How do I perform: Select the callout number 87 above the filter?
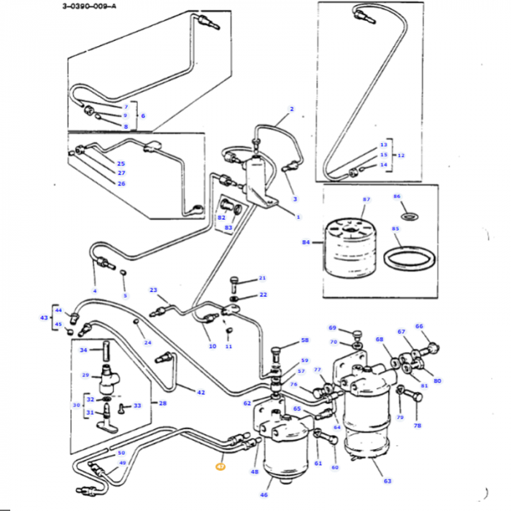pyautogui.click(x=366, y=199)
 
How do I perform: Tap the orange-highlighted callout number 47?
pyautogui.click(x=220, y=465)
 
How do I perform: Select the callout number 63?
pyautogui.click(x=387, y=481)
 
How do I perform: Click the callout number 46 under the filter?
pyautogui.click(x=264, y=495)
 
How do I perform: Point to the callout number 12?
pyautogui.click(x=400, y=155)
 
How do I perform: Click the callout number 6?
pyautogui.click(x=143, y=116)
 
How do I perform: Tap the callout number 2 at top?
pyautogui.click(x=291, y=109)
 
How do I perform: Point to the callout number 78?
pyautogui.click(x=418, y=425)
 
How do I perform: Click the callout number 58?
pyautogui.click(x=305, y=340)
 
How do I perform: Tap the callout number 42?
pyautogui.click(x=201, y=392)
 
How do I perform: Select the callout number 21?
pyautogui.click(x=263, y=278)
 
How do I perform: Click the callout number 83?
pyautogui.click(x=228, y=228)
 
